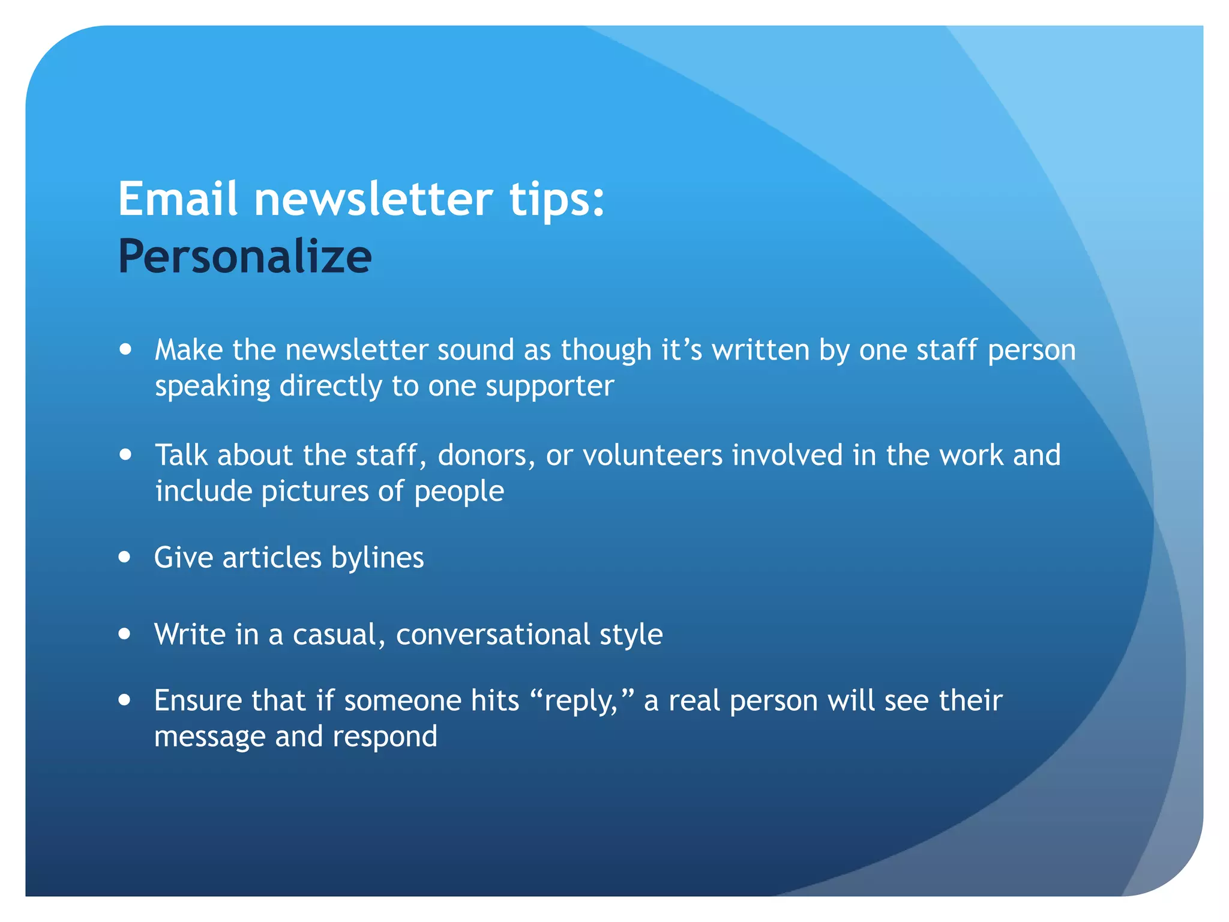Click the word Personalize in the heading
click(x=245, y=257)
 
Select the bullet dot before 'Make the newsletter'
click(x=125, y=349)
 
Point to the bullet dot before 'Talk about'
click(x=125, y=454)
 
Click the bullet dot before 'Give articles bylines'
click(x=125, y=557)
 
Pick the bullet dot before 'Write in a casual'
click(x=125, y=634)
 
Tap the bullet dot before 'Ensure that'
click(x=125, y=700)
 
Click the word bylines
click(x=377, y=558)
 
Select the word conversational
click(x=493, y=634)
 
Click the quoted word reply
click(x=580, y=702)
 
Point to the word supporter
click(x=550, y=387)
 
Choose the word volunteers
click(x=652, y=455)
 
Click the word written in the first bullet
click(x=760, y=349)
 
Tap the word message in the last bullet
click(x=209, y=737)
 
